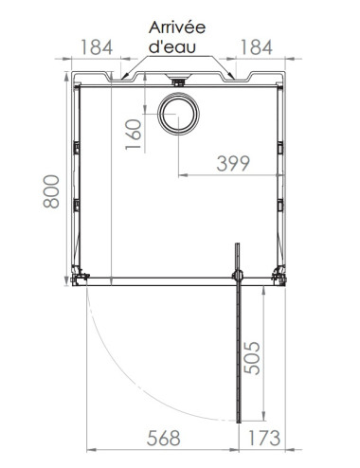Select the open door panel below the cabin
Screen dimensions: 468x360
click(240, 351)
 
